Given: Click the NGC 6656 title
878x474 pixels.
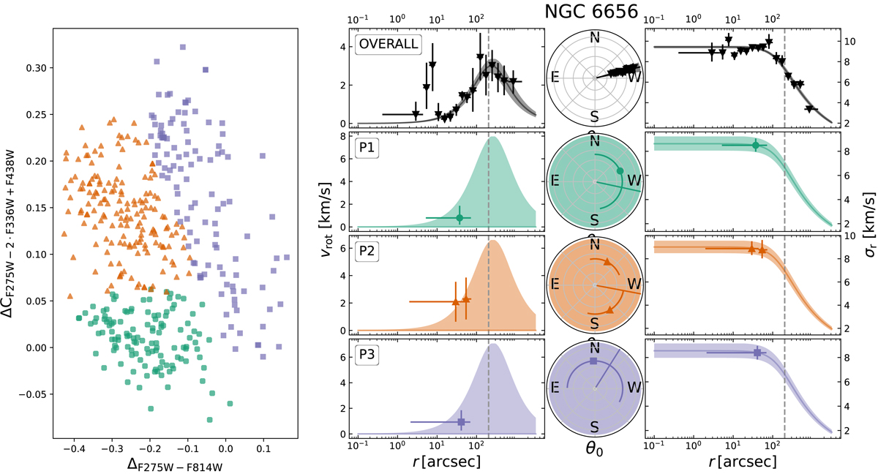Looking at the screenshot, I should pyautogui.click(x=594, y=12).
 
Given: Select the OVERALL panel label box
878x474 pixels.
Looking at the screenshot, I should pyautogui.click(x=388, y=44).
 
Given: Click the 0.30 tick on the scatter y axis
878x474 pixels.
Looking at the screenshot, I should pyautogui.click(x=29, y=68).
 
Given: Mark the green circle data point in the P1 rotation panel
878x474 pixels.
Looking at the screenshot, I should pyautogui.click(x=459, y=217).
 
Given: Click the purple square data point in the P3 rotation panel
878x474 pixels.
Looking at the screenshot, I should pyautogui.click(x=461, y=422).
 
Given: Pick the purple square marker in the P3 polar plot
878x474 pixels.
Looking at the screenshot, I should pyautogui.click(x=593, y=362).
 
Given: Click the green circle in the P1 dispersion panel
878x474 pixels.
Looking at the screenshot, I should pyautogui.click(x=756, y=146).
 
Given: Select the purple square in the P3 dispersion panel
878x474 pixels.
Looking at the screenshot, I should pyautogui.click(x=757, y=353).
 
